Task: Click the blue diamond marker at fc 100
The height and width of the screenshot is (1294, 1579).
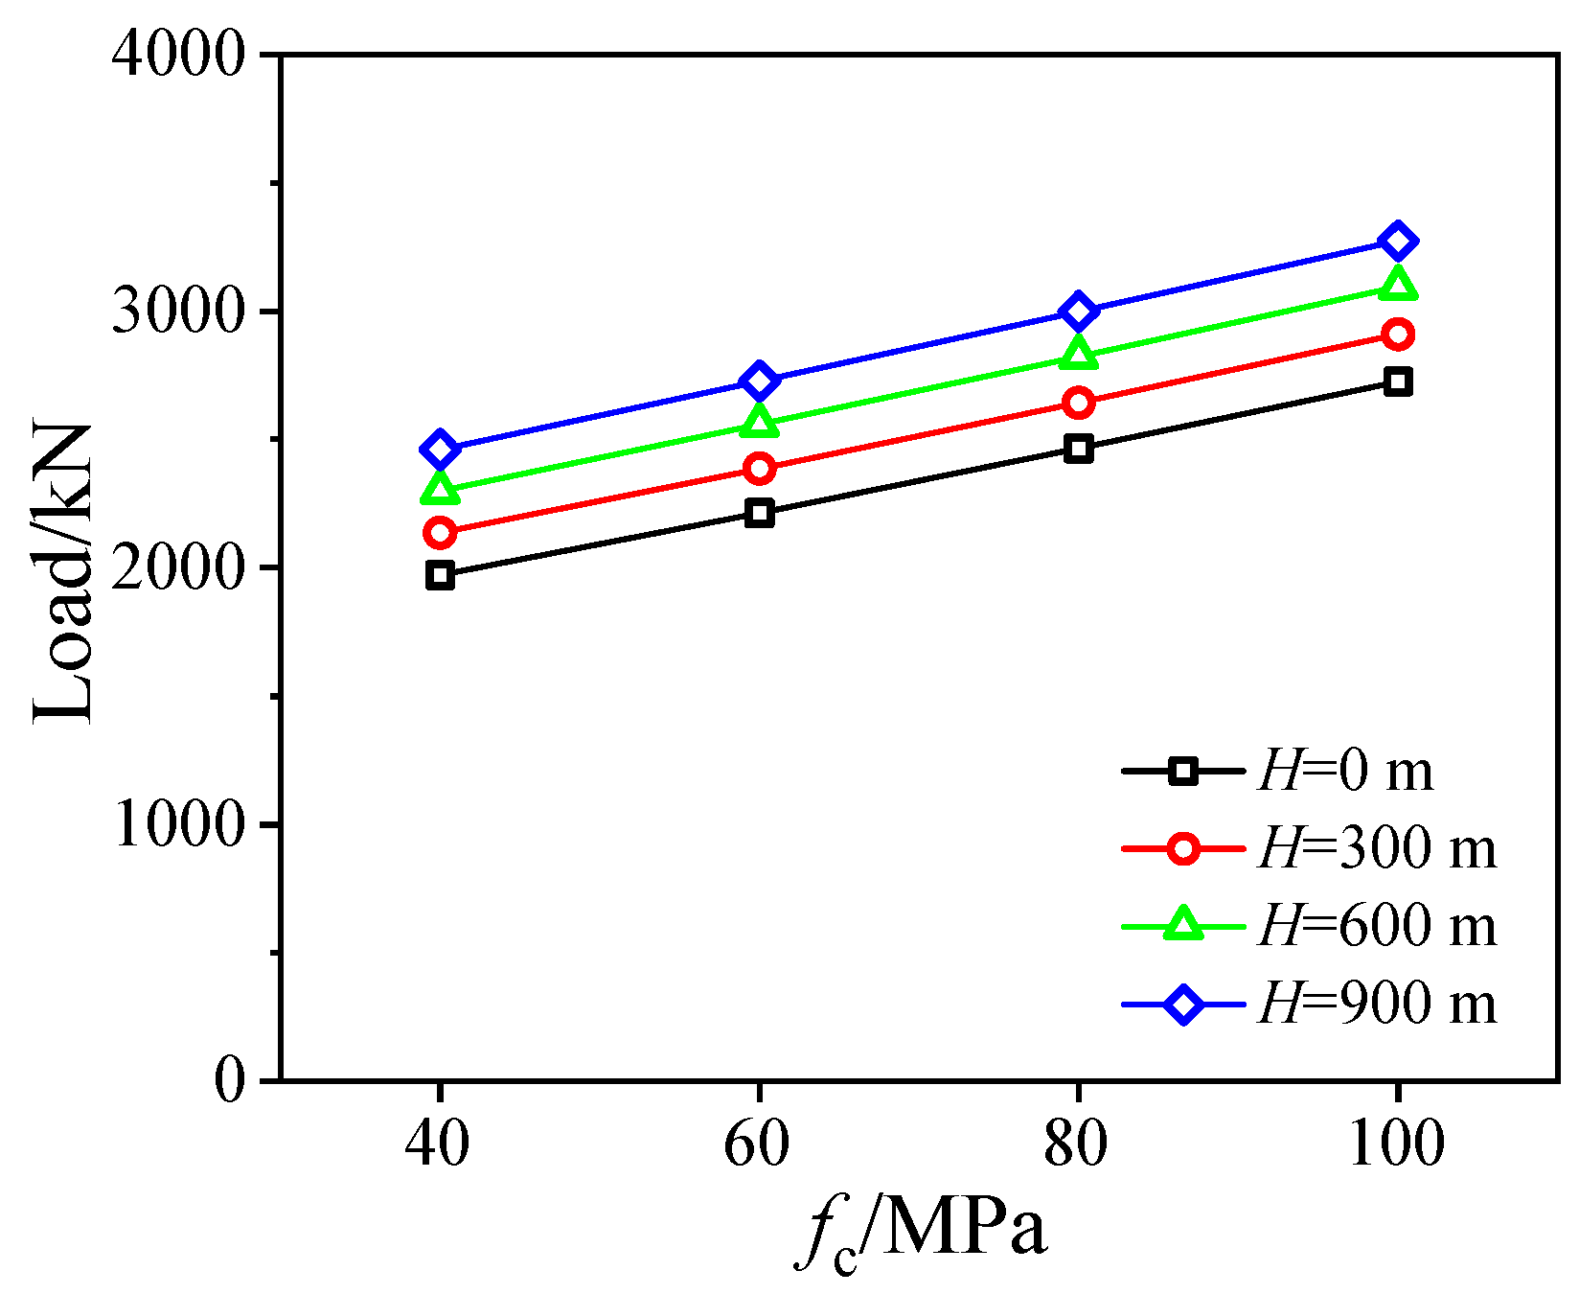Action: pyautogui.click(x=1397, y=241)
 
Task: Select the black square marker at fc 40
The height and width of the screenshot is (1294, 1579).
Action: pyautogui.click(x=440, y=575)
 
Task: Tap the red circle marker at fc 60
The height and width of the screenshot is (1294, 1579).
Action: pyautogui.click(x=759, y=469)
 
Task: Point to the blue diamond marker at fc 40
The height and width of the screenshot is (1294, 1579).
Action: pyautogui.click(x=440, y=449)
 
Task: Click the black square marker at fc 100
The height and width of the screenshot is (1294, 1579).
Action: pyautogui.click(x=1397, y=382)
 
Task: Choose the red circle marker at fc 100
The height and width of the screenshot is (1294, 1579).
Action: pyautogui.click(x=1397, y=335)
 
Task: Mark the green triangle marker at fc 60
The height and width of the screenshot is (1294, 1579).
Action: pyautogui.click(x=759, y=422)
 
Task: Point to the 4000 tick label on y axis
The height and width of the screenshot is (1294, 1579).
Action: pyautogui.click(x=180, y=56)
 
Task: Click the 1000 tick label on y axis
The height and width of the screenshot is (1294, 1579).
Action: pyautogui.click(x=180, y=824)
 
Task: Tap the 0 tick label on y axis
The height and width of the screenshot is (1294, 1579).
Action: pyautogui.click(x=230, y=1081)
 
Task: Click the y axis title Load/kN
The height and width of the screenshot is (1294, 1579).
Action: pyautogui.click(x=65, y=571)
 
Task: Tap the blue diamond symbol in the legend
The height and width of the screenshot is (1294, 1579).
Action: pyautogui.click(x=1183, y=1005)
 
